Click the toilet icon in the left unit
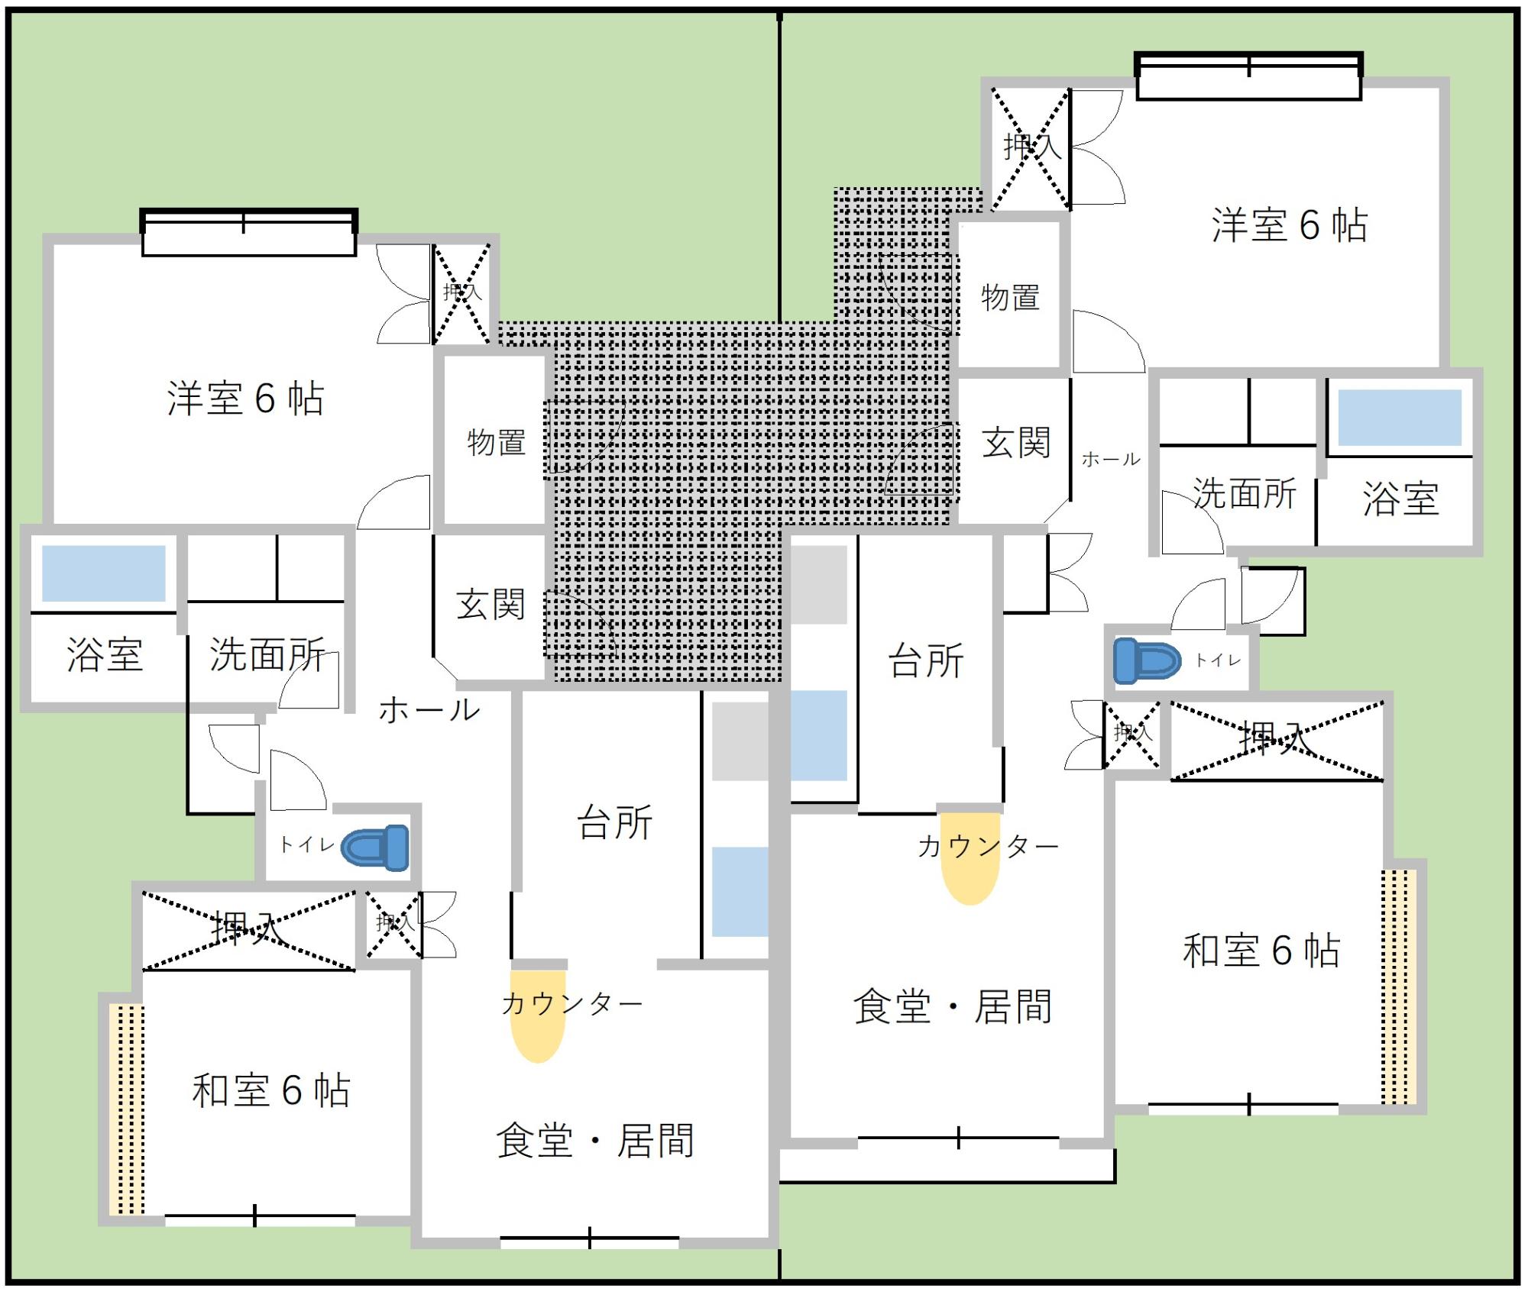click(x=375, y=847)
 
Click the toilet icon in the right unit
click(x=1146, y=660)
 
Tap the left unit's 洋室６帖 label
click(x=245, y=399)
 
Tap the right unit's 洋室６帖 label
click(x=1289, y=225)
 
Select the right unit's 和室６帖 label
click(x=1261, y=951)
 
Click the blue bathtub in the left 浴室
click(x=104, y=573)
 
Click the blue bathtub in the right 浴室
click(x=1399, y=418)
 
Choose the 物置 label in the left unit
click(x=497, y=442)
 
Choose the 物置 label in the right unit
click(x=1010, y=297)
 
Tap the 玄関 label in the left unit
click(x=490, y=605)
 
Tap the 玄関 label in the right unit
click(x=1015, y=443)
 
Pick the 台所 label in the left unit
click(x=615, y=823)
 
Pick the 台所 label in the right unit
click(x=926, y=661)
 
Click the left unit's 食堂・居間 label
click(x=595, y=1141)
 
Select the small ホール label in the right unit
click(x=1111, y=459)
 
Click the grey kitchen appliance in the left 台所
click(x=740, y=741)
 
